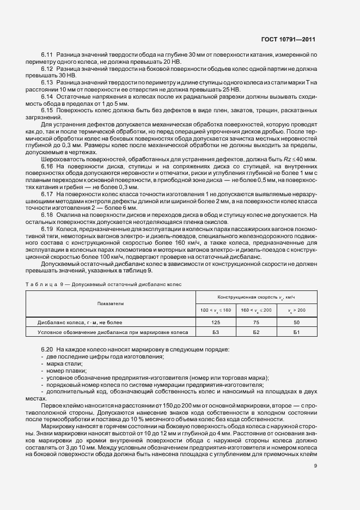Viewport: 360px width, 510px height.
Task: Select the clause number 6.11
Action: (x=47, y=55)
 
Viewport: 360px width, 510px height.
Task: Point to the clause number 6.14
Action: (x=47, y=96)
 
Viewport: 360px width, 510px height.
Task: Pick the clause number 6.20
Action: (x=47, y=349)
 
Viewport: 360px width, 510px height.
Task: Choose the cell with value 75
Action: (x=256, y=323)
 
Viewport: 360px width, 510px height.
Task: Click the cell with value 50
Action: (x=297, y=323)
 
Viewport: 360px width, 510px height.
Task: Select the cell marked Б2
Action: (x=256, y=331)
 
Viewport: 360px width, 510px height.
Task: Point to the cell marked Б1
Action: (x=297, y=331)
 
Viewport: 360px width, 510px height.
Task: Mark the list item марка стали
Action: (x=64, y=363)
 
